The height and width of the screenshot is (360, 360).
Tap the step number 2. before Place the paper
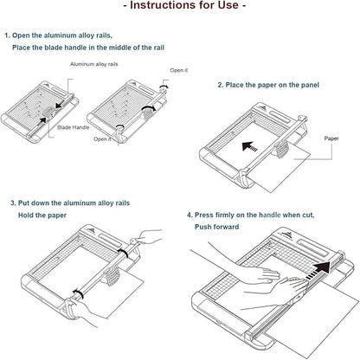click(x=220, y=85)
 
